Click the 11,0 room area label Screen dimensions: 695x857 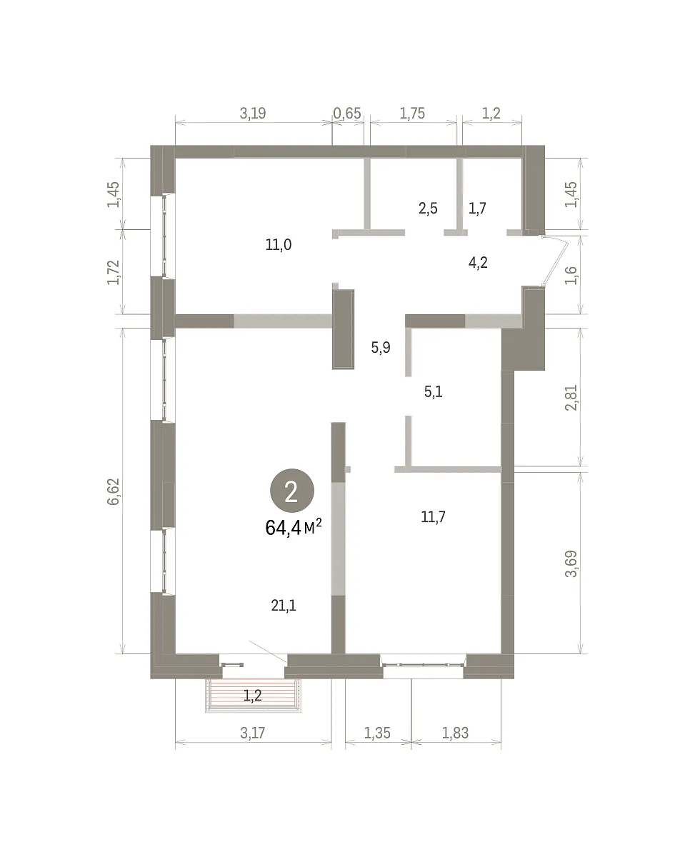click(x=279, y=245)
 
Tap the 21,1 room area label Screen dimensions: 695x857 click(x=284, y=605)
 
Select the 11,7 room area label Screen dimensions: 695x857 click(x=433, y=516)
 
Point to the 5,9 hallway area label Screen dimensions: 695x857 click(x=380, y=347)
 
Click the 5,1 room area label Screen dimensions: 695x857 click(x=434, y=391)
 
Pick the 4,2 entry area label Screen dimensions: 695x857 click(x=478, y=263)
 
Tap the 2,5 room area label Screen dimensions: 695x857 click(x=428, y=209)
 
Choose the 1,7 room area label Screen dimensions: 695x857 click(x=477, y=209)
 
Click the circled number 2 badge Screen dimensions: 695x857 click(x=291, y=491)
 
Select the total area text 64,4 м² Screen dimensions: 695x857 click(x=294, y=528)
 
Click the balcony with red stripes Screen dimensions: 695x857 click(x=253, y=696)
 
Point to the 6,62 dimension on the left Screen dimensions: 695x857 click(x=114, y=491)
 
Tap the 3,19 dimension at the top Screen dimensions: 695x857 click(x=253, y=114)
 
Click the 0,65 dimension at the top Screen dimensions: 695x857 click(x=347, y=114)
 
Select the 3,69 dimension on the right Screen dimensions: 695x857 click(x=571, y=563)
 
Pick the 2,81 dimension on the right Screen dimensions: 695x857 click(x=571, y=398)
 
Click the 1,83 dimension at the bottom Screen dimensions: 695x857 click(x=455, y=733)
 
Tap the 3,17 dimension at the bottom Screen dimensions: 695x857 click(x=253, y=733)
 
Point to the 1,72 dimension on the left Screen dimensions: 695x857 click(x=114, y=272)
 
